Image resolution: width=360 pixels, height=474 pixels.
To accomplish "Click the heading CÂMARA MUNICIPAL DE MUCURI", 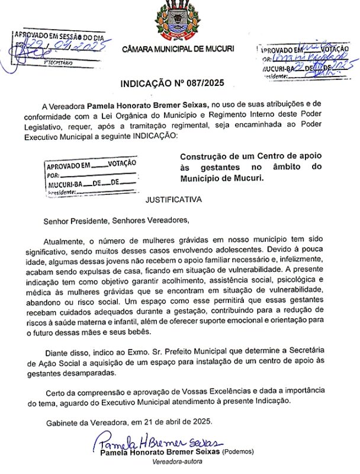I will tap(178, 48).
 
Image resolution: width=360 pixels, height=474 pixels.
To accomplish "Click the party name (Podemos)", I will tap(238, 452).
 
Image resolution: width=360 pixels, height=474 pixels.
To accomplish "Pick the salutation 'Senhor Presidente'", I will tap(76, 221).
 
